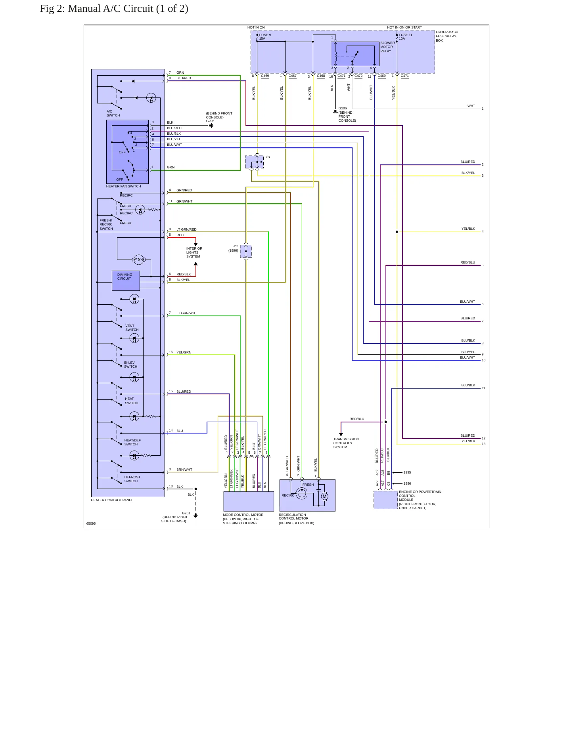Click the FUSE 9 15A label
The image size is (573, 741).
tap(265, 37)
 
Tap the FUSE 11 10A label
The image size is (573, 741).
tap(405, 37)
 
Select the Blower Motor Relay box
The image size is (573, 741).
tap(355, 54)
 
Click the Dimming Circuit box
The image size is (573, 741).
tap(126, 281)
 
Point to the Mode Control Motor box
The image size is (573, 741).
tap(249, 501)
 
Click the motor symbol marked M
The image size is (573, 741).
tap(324, 496)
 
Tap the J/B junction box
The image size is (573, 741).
tap(254, 162)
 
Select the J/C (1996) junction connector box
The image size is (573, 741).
tap(246, 251)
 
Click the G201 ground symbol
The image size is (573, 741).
tap(195, 516)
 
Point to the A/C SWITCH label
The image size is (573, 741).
tap(113, 113)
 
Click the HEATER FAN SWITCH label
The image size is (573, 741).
tap(123, 186)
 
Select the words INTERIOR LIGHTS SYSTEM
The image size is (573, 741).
tap(194, 252)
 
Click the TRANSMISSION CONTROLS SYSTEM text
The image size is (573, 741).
tap(346, 443)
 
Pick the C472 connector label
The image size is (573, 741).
tap(358, 76)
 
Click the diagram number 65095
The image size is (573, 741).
tap(91, 523)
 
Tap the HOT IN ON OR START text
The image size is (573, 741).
tap(404, 28)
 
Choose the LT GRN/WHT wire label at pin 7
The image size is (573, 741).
tap(187, 313)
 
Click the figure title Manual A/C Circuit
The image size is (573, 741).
tap(128, 9)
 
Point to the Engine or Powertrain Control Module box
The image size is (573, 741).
tap(385, 500)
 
